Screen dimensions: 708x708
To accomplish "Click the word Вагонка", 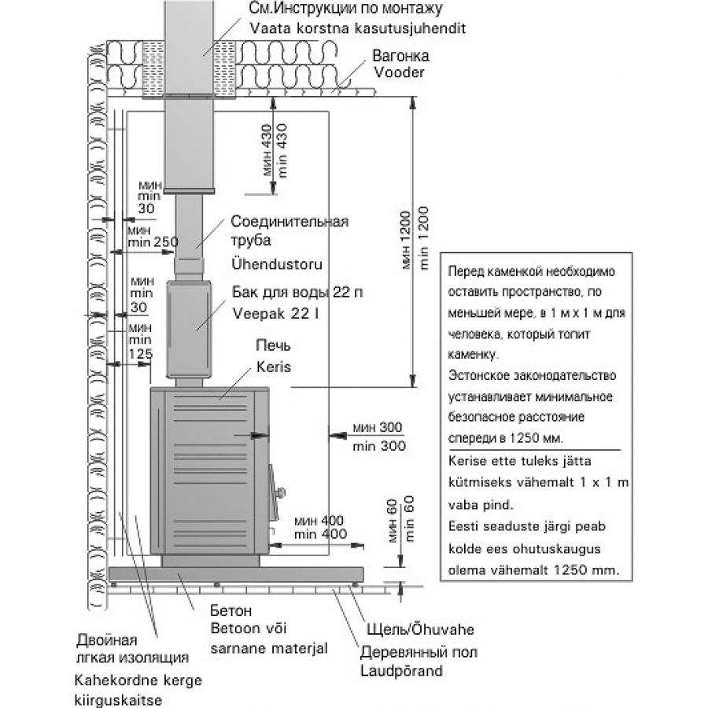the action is [x=400, y=56].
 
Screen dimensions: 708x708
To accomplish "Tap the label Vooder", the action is [x=399, y=72].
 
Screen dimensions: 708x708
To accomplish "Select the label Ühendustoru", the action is [x=277, y=264].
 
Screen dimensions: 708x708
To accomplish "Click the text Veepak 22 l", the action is [x=275, y=313].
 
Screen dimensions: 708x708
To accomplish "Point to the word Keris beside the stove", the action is [x=274, y=367].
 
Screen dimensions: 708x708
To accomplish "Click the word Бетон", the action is [x=230, y=610].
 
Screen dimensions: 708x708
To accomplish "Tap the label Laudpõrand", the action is [x=401, y=670].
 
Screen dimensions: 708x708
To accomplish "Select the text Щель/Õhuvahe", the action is [x=420, y=629].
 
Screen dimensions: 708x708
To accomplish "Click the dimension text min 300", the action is [x=379, y=446].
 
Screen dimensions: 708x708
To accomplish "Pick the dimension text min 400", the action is [x=321, y=534].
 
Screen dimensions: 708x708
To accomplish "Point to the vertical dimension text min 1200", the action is [x=423, y=238].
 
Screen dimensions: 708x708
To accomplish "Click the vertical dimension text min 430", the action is [x=282, y=150].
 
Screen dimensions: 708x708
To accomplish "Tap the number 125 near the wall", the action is [x=141, y=354].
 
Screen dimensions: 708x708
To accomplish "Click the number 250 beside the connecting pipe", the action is [x=166, y=242].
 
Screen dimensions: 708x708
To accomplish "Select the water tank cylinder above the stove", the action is [x=189, y=329].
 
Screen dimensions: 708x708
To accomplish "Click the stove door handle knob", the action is [x=281, y=492].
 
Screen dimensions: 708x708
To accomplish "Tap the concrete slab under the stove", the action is [x=236, y=574].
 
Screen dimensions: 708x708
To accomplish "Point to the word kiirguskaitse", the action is [x=118, y=700].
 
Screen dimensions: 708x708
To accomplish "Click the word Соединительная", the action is [x=289, y=221].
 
